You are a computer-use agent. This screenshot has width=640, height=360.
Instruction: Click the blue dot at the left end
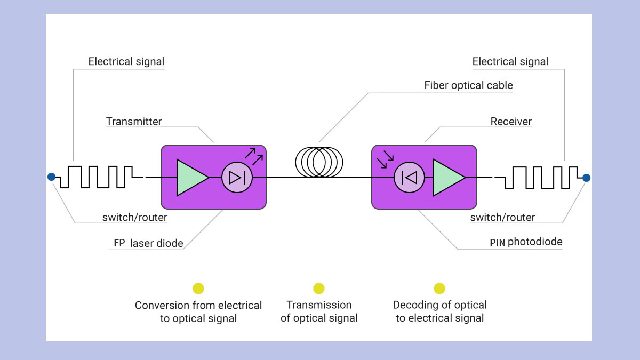point(51,177)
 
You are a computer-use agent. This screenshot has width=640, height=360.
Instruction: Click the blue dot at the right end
point(586,178)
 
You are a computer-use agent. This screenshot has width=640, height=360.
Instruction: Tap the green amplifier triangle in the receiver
point(447,177)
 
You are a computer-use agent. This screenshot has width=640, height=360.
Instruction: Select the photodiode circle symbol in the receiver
point(409,177)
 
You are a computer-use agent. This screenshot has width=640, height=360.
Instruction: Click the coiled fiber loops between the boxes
point(319,162)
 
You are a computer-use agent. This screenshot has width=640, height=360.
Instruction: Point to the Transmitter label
point(134,122)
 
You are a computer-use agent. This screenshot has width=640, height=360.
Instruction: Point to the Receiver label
point(511,122)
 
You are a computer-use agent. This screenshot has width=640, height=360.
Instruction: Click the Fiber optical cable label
point(468,85)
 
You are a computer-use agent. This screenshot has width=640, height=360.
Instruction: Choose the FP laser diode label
point(148,243)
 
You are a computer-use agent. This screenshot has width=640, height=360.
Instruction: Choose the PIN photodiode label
point(526,242)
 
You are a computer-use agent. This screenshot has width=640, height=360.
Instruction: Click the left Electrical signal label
point(126,61)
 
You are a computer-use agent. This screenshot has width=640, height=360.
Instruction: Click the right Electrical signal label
point(510,61)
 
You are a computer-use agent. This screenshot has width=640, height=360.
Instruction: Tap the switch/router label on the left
point(135,217)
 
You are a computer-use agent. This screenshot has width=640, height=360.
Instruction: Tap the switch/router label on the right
point(502,217)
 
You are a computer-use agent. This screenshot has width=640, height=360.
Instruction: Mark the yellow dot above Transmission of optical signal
point(319,289)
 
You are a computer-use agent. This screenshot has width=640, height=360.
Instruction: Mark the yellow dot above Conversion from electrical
point(198,289)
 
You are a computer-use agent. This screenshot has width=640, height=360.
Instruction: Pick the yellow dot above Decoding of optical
point(439,289)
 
